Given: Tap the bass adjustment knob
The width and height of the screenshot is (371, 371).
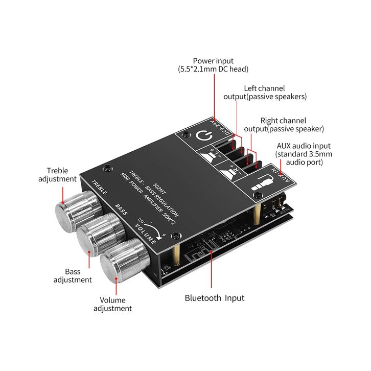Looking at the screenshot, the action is [x=101, y=234].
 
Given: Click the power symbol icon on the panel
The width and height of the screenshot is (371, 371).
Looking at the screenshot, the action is [x=204, y=136].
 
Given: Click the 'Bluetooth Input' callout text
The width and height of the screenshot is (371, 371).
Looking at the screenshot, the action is [x=214, y=298].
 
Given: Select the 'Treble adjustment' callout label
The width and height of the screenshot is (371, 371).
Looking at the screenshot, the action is [x=58, y=175].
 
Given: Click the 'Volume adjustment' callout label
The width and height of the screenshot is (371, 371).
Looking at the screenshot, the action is [x=112, y=304].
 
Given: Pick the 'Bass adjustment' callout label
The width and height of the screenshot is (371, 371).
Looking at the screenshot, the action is [x=73, y=275].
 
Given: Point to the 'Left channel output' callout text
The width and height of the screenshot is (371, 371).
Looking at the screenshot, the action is [x=265, y=92].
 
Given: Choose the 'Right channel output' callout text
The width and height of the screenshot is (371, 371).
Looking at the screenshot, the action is [x=284, y=125].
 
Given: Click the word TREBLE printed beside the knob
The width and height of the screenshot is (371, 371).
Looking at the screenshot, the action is [x=99, y=187].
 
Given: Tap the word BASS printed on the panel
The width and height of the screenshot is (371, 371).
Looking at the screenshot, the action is [x=121, y=210].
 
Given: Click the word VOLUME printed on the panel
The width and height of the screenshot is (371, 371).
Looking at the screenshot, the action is [x=146, y=234].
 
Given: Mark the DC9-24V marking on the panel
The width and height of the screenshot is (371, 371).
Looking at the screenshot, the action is [x=220, y=127].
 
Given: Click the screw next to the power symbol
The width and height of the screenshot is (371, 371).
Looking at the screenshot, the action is [x=187, y=135].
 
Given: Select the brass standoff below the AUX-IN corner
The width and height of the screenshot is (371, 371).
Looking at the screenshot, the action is [x=257, y=214].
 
